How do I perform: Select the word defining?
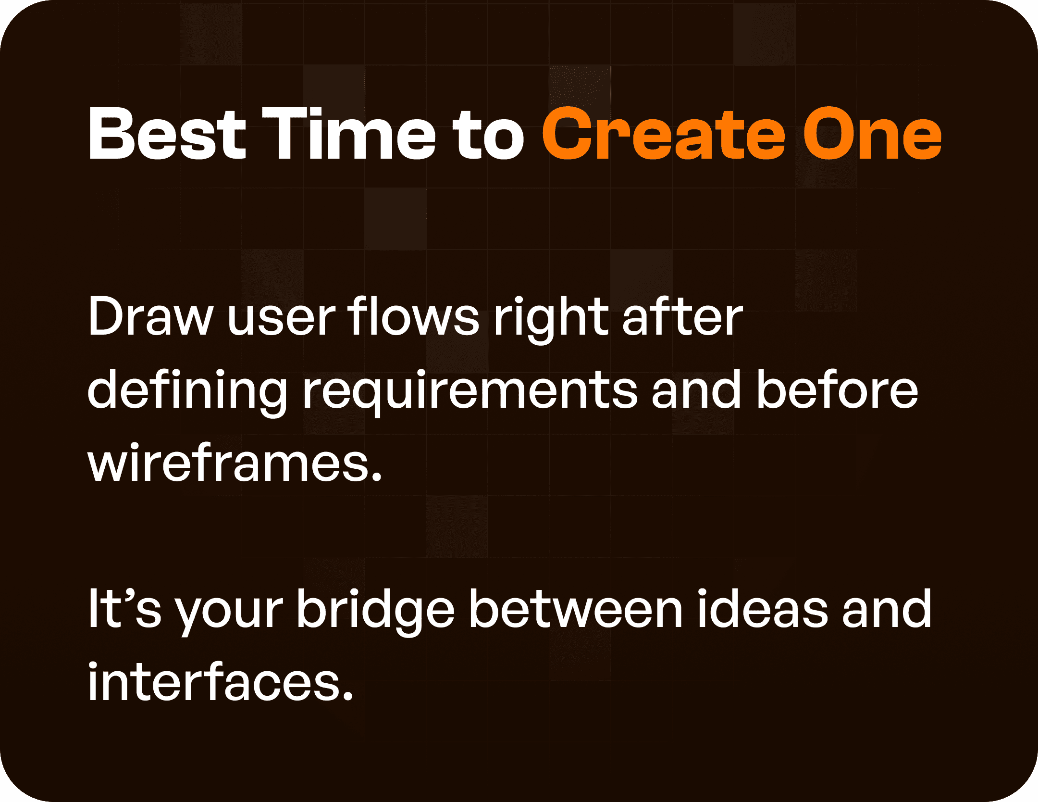(187, 390)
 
